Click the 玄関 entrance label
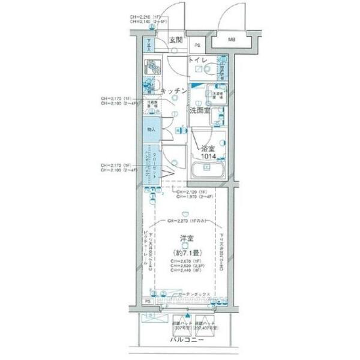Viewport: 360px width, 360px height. pyautogui.click(x=175, y=40)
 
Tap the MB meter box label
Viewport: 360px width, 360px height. pyautogui.click(x=231, y=40)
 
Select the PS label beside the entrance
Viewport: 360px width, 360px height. pyautogui.click(x=197, y=46)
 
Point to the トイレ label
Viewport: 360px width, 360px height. pyautogui.click(x=198, y=61)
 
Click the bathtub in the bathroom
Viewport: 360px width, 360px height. pyautogui.click(x=208, y=169)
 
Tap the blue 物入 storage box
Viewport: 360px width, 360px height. pyautogui.click(x=151, y=130)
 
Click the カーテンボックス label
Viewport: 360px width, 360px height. pyautogui.click(x=193, y=294)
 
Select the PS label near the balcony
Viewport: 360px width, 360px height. pyautogui.click(x=148, y=301)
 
